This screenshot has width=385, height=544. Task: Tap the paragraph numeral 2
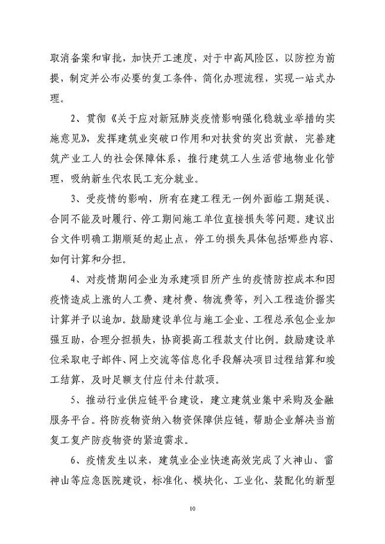(77, 119)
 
